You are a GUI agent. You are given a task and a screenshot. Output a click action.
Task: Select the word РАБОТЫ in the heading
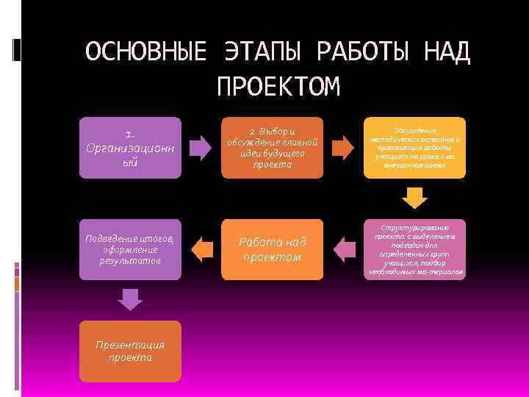pos(367,52)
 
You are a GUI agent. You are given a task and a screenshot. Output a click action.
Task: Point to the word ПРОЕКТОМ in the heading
pos(278,87)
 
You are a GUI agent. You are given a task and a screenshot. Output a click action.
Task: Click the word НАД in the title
pos(447,52)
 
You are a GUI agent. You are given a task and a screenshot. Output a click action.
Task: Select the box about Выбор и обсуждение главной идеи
pos(272,148)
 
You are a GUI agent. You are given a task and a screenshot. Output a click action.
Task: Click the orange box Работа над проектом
pos(272,250)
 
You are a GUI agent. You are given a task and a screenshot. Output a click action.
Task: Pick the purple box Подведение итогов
pos(131,250)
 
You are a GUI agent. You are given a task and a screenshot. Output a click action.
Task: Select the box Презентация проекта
pos(131,351)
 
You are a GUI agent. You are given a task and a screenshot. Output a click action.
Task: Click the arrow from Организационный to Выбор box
pos(199,147)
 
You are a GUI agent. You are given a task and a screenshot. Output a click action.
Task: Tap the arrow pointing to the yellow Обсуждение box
pos(342,147)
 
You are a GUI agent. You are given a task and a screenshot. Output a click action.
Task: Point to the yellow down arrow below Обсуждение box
pos(415,198)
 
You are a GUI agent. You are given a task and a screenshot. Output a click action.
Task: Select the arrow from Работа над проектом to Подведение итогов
pos(201,248)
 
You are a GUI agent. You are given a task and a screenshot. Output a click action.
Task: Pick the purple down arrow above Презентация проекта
pos(130,299)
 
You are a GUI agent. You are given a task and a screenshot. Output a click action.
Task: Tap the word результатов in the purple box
pos(130,261)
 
